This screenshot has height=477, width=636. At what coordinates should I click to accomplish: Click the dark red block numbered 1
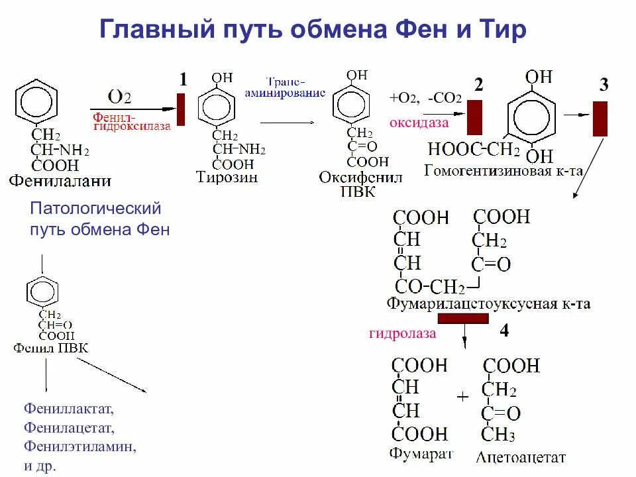(182, 109)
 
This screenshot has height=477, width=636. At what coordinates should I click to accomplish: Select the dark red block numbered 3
(600, 119)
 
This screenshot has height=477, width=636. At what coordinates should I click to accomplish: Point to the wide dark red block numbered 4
(463, 319)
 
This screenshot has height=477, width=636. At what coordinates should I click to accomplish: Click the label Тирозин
(227, 177)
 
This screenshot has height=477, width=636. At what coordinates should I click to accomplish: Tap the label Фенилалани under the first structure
(60, 180)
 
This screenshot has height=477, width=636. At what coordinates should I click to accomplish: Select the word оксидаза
(419, 123)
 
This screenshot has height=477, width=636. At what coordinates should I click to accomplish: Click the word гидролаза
(403, 333)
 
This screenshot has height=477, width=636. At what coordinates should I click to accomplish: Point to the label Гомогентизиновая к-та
(503, 171)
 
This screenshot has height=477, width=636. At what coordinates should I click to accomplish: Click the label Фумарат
(421, 454)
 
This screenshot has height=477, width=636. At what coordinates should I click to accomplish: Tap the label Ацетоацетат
(521, 456)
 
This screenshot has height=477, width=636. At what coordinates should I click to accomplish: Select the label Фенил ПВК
(50, 348)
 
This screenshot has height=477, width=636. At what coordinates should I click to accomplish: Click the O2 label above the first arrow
(119, 97)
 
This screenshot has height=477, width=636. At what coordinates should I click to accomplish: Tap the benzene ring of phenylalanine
(38, 100)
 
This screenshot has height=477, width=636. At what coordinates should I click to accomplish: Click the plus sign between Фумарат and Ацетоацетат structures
(462, 396)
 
